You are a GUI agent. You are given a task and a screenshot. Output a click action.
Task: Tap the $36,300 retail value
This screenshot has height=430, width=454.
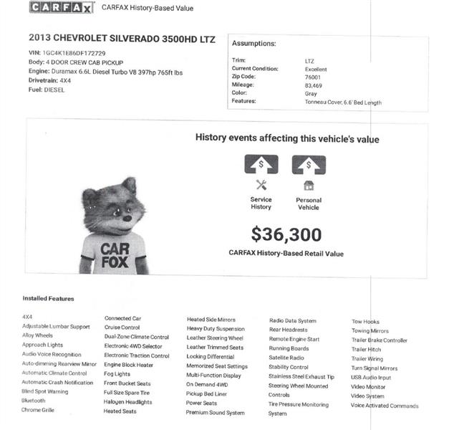pos(286,234)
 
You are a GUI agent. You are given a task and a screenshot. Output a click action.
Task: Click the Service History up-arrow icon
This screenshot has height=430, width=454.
pos(261,165)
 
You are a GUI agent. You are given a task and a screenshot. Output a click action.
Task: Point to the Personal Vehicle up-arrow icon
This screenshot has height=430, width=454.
pos(309,165)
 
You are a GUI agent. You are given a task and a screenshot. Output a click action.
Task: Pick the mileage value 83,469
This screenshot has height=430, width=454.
pos(313,85)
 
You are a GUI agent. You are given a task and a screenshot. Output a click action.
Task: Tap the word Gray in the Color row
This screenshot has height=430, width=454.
pos(310,93)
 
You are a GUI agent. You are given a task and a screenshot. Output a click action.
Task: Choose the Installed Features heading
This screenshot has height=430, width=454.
pos(48,298)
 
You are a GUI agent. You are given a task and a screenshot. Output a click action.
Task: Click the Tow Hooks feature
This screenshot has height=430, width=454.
pos(365,322)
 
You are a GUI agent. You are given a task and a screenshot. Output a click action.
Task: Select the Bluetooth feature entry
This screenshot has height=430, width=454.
pos(34,401)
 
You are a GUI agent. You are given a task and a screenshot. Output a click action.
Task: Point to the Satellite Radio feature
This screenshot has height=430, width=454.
pos(286,358)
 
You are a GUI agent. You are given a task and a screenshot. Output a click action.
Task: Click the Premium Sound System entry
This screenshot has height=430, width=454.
pos(216,413)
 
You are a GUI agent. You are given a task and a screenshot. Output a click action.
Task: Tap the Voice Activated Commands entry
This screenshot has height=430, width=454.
pos(385,406)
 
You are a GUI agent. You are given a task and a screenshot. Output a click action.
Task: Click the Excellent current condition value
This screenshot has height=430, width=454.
pos(316,69)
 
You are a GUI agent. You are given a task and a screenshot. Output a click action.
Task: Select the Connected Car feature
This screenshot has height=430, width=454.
pos(123,318)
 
